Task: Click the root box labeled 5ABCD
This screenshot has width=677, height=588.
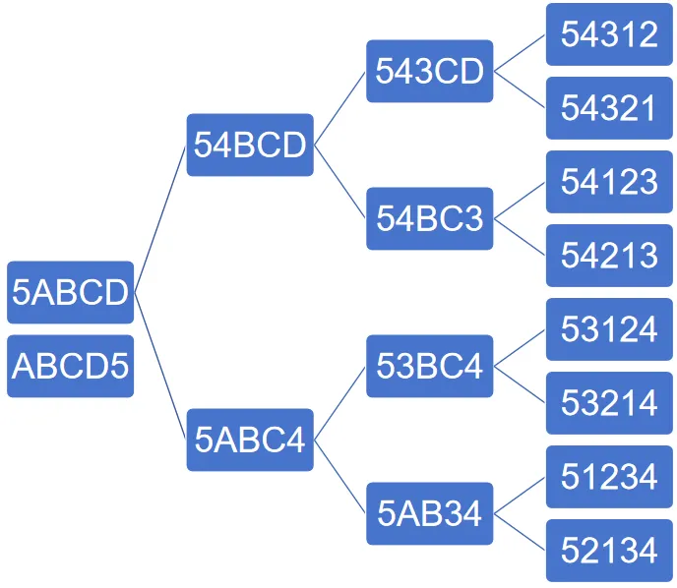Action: [71, 292]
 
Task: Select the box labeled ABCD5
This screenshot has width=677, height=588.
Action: [71, 366]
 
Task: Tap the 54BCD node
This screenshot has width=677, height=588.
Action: [250, 145]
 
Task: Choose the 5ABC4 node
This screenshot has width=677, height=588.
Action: [250, 440]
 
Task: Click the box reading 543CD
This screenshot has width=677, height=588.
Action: [430, 71]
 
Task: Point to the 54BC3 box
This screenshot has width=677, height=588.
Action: [430, 218]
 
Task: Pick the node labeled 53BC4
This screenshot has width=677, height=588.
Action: [430, 366]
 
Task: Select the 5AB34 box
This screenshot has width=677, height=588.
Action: [430, 513]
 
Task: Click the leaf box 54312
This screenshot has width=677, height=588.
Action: [609, 34]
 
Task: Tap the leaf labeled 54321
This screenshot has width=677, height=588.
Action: [609, 108]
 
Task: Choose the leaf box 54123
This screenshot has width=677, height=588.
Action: [609, 182]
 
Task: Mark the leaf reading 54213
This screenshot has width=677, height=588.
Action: [609, 256]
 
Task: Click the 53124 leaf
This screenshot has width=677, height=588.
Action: [609, 329]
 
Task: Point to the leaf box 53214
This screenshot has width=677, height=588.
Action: [609, 403]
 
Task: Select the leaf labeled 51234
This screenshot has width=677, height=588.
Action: [609, 477]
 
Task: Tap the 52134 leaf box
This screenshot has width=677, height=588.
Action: [609, 551]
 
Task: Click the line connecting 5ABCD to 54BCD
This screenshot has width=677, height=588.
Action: [160, 218]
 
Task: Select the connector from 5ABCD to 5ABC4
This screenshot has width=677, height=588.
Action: [160, 366]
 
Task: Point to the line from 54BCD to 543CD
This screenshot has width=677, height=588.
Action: [339, 108]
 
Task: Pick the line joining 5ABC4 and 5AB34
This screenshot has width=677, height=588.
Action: [339, 477]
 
